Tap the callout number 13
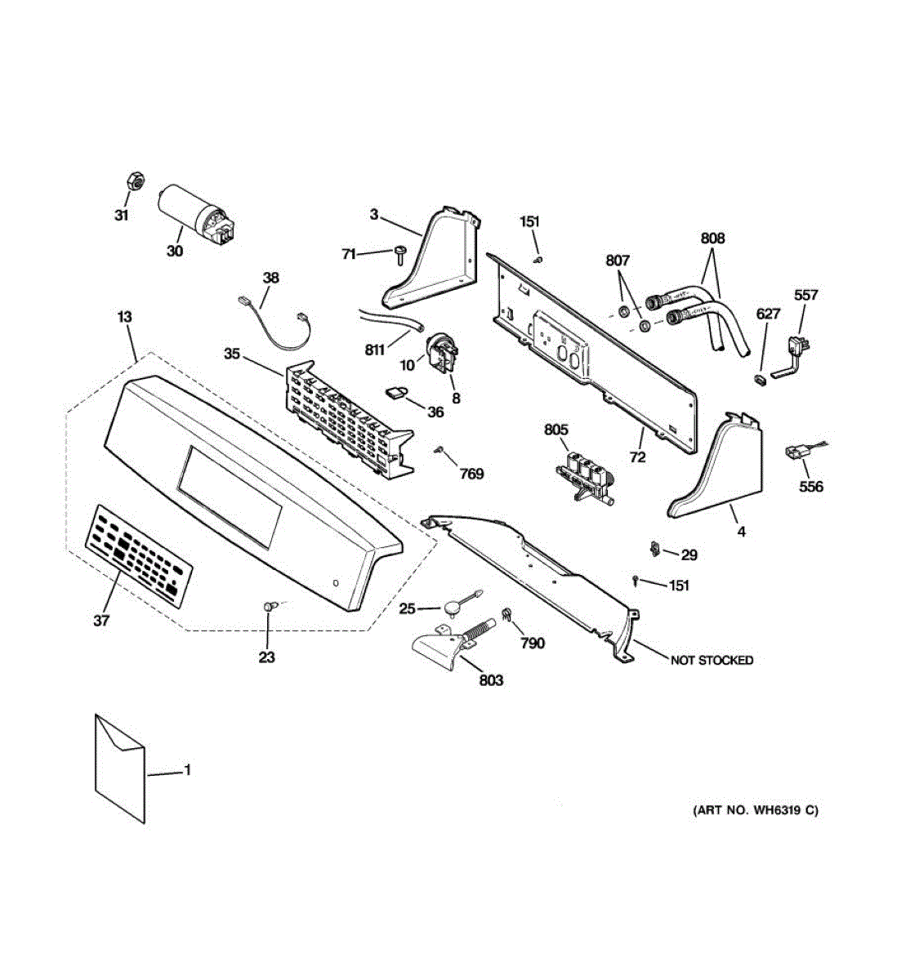point(124,317)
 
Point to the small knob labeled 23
point(270,607)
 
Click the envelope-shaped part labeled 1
point(120,767)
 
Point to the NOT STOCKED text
point(712,660)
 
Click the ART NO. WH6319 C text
point(755,810)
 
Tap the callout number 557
point(805,295)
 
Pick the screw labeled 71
point(399,252)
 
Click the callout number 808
point(712,238)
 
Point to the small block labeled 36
point(397,394)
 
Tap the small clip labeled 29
point(655,548)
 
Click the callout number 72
point(637,457)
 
